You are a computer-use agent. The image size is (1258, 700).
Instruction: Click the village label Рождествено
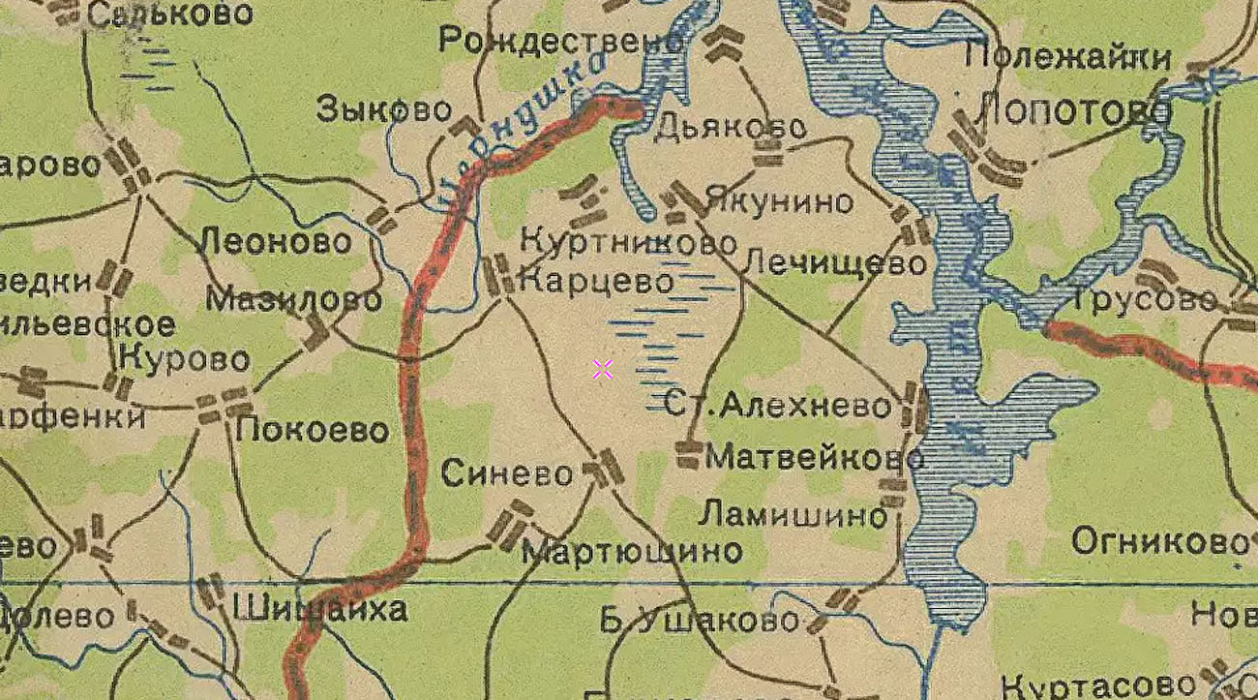tap(561, 41)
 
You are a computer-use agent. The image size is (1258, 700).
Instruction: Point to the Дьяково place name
tap(731, 127)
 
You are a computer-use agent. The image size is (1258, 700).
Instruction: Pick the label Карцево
tap(596, 282)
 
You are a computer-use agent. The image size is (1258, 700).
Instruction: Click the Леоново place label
tap(275, 241)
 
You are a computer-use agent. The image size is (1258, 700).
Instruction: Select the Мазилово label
tap(293, 299)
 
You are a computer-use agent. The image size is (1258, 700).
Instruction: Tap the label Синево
tap(507, 473)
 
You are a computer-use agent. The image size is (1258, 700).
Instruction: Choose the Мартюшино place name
tap(632, 552)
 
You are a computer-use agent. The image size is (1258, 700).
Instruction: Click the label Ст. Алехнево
tap(777, 406)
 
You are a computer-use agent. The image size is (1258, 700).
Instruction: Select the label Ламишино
tap(793, 514)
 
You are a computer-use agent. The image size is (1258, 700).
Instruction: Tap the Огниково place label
tap(1159, 540)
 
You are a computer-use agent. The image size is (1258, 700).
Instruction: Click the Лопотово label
tap(1074, 112)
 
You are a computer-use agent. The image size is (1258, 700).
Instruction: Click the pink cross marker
tap(603, 369)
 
